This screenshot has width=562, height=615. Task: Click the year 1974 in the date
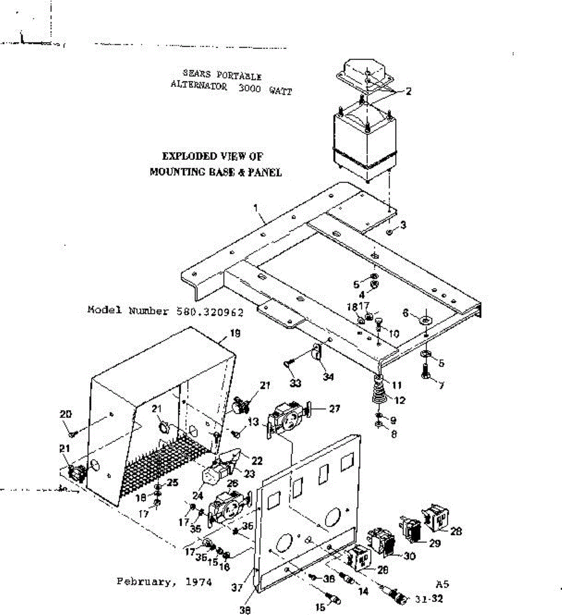pyautogui.click(x=199, y=582)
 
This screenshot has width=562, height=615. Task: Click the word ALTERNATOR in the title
pyautogui.click(x=199, y=86)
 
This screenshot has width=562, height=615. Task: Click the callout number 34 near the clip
pyautogui.click(x=328, y=377)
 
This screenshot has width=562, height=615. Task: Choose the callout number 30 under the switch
pyautogui.click(x=409, y=556)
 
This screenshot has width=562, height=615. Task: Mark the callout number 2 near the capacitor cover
pyautogui.click(x=409, y=92)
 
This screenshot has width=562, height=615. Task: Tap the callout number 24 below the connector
pyautogui.click(x=198, y=496)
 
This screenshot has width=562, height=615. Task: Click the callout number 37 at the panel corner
pyautogui.click(x=237, y=588)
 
